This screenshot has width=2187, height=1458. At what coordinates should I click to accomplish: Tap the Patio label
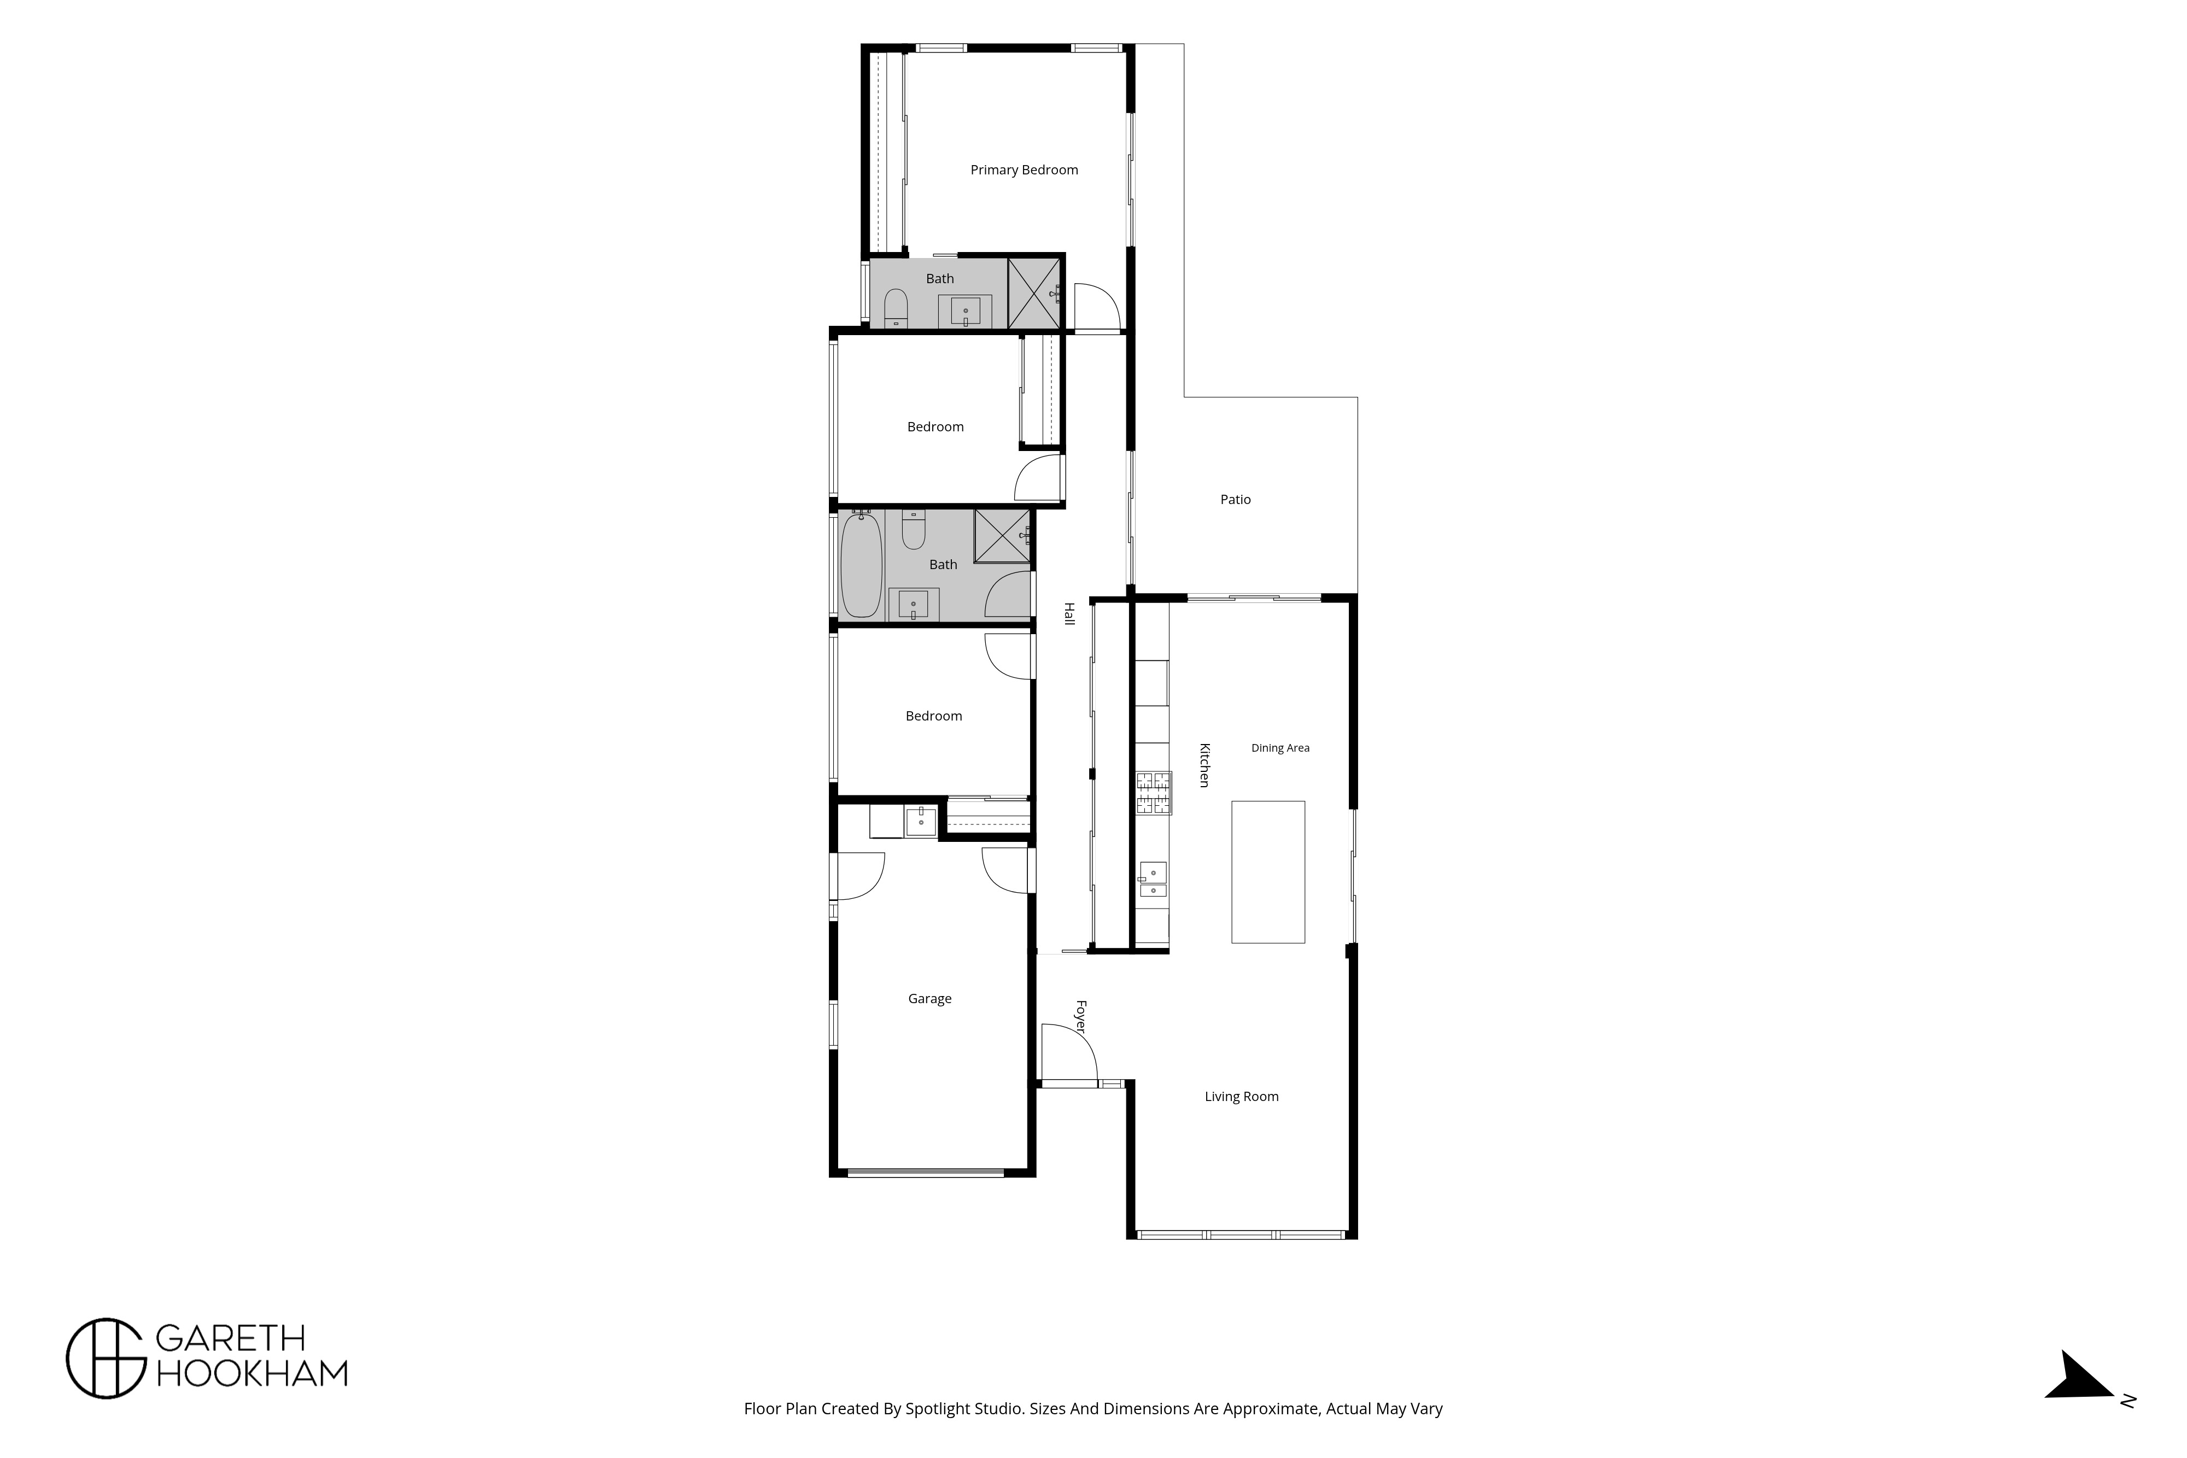1235,499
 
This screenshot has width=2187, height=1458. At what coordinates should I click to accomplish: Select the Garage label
930,999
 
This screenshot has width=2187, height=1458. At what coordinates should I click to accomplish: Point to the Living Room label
1241,1096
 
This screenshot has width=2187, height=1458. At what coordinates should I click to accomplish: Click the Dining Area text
1280,748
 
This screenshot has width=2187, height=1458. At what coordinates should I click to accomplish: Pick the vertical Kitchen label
1204,765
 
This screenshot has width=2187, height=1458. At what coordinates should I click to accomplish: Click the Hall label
1069,614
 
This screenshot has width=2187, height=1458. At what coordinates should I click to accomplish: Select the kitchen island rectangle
1268,872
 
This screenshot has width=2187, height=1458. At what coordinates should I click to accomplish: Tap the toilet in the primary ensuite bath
896,308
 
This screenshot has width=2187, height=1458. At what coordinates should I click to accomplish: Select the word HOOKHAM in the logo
252,1373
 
